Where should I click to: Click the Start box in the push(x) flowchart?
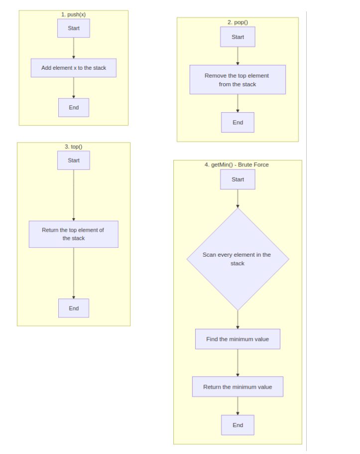coord(74,28)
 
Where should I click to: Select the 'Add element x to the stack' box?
coord(74,68)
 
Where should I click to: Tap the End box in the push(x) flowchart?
coord(74,108)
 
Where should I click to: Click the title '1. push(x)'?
coord(74,14)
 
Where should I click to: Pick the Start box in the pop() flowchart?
coord(238,37)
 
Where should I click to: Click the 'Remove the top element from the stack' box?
coord(238,80)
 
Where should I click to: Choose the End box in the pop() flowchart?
coord(238,123)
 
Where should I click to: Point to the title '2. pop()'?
coord(238,22)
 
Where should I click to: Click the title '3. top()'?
coord(74,147)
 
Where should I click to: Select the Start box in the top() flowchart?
coord(74,160)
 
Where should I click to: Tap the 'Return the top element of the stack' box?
coord(74,234)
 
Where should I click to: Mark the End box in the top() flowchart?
coord(74,308)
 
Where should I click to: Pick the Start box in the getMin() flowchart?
coord(238,179)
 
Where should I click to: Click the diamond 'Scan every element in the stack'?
coord(238,259)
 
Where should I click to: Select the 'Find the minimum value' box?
coord(238,339)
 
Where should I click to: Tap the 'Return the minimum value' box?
coord(238,387)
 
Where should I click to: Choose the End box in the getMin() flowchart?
coord(238,425)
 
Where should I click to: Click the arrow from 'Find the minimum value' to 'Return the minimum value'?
coord(238,363)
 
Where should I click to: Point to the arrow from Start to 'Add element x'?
coord(74,48)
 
